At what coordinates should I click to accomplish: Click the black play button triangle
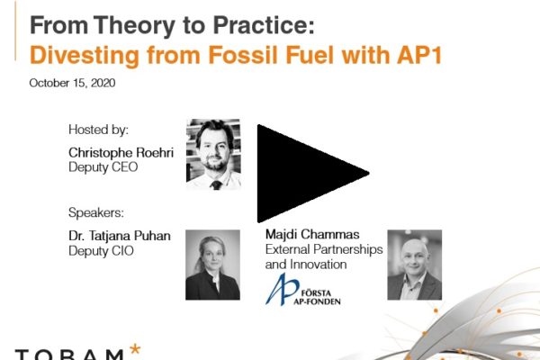(303, 174)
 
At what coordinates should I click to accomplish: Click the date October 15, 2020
(72, 83)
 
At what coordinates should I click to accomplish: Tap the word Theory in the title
(134, 26)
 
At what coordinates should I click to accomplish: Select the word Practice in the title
(264, 25)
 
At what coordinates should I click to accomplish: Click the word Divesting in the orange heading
(85, 56)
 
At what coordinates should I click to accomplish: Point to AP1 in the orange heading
(419, 55)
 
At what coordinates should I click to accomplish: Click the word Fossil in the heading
(243, 55)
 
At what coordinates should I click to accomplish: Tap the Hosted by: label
(98, 130)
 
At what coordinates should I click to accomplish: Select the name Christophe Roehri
(121, 152)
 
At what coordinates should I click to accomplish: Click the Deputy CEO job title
(103, 167)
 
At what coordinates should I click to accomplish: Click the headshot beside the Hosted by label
(213, 154)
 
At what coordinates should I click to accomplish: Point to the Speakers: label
(96, 212)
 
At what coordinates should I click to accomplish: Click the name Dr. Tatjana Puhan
(120, 236)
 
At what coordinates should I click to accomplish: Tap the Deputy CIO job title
(101, 251)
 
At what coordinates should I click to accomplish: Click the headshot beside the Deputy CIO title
(212, 265)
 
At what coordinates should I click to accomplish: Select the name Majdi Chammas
(312, 234)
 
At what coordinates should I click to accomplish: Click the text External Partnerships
(324, 249)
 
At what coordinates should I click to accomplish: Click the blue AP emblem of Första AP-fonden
(282, 290)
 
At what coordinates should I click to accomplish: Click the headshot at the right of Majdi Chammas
(415, 265)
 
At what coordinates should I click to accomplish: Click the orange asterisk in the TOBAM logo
(135, 348)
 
